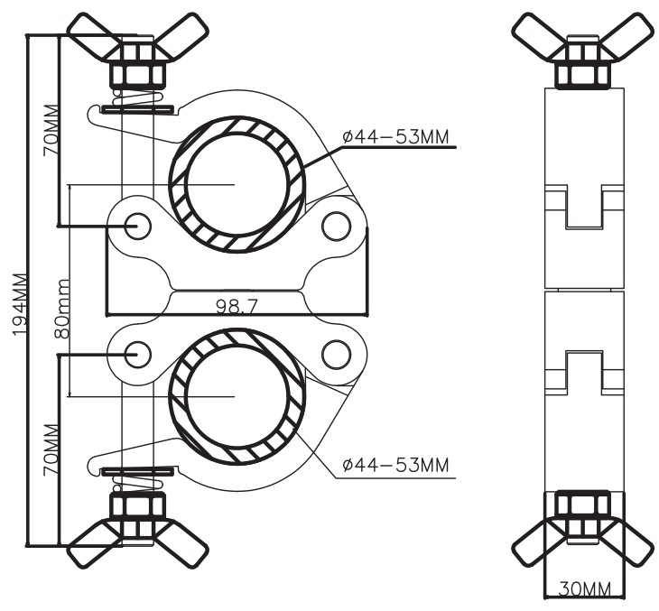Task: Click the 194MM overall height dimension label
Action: [x=20, y=304]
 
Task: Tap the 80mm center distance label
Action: [x=62, y=309]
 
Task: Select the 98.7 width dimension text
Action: [x=237, y=307]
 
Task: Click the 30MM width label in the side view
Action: [x=585, y=588]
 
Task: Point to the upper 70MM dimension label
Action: [x=51, y=130]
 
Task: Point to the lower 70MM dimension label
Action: [x=51, y=450]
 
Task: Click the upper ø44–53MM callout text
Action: [x=395, y=137]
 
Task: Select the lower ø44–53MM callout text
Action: [x=395, y=465]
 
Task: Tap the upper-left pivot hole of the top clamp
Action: [x=137, y=226]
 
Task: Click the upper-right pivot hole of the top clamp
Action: [x=336, y=226]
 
